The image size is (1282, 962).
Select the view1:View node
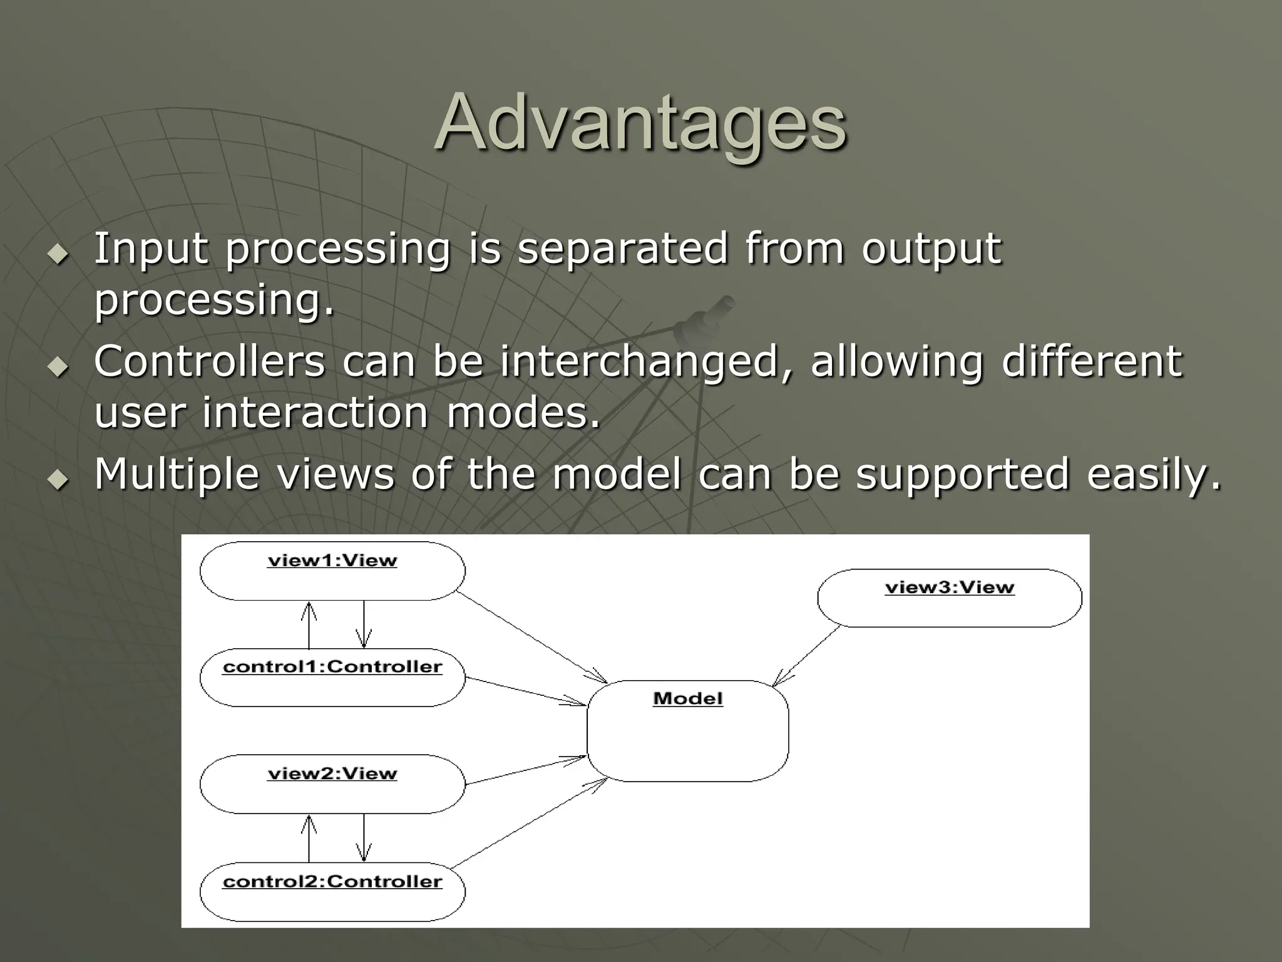coord(332,571)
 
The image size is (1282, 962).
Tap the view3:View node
coord(949,597)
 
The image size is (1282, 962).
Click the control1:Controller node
coord(332,677)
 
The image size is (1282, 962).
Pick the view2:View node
coord(332,784)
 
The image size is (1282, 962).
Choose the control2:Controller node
coord(332,891)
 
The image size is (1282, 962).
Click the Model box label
coord(687,698)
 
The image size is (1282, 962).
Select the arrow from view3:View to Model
coord(808,655)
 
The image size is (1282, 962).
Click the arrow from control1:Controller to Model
coord(526,691)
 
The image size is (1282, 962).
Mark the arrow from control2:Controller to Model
coord(529,823)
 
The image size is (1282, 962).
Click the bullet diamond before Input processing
coord(59,254)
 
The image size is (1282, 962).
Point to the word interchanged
coord(638,363)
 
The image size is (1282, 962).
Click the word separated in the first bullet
coord(623,249)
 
